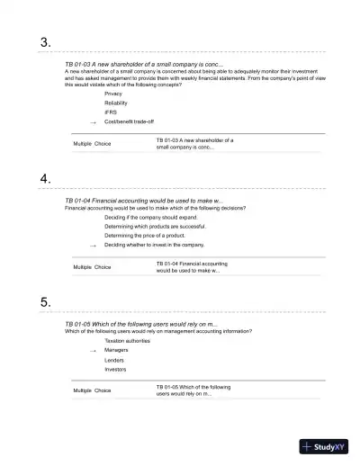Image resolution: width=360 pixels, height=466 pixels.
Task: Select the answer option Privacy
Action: [113, 94]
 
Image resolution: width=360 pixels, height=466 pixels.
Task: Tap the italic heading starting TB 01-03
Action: [144, 66]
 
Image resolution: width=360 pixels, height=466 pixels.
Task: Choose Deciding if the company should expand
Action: [150, 217]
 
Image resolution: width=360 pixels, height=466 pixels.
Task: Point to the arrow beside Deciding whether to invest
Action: [92, 245]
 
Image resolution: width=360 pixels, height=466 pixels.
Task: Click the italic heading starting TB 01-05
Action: [141, 323]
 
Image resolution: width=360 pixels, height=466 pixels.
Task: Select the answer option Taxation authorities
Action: [127, 341]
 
